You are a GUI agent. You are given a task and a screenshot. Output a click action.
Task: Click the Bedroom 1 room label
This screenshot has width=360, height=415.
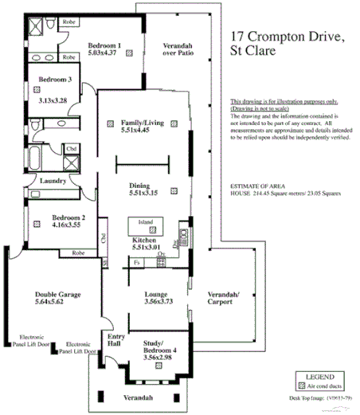click(x=104, y=45)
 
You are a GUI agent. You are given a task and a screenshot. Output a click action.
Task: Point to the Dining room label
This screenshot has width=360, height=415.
click(x=144, y=186)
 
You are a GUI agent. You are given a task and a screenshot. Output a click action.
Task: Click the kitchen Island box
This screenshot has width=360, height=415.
click(x=146, y=222)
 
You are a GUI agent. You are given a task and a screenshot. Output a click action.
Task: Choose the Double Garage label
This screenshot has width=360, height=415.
click(x=55, y=295)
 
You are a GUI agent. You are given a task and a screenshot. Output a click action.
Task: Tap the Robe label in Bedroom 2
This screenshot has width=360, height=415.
click(x=78, y=253)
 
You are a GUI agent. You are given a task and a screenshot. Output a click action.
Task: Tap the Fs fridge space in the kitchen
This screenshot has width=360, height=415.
click(x=137, y=261)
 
